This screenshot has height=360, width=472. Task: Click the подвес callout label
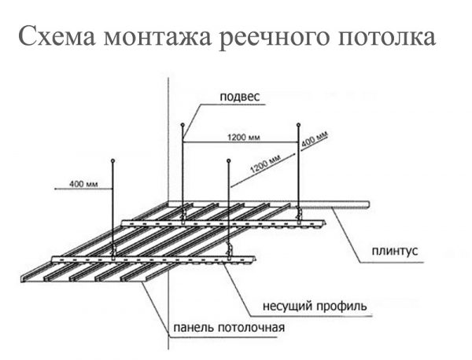coord(240,97)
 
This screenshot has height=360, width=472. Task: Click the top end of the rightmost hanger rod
coord(298,124)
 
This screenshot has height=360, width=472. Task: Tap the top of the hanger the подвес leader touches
coord(183,123)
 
